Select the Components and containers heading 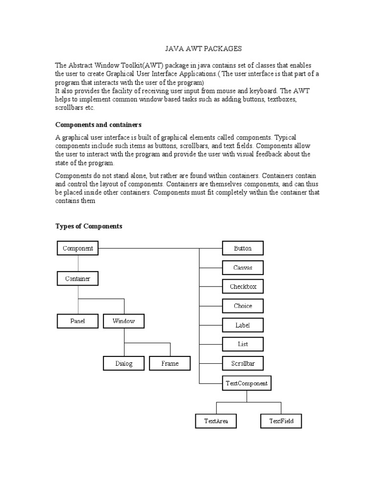(98, 125)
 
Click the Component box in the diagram (78, 249)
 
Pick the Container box (78, 279)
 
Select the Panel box (78, 321)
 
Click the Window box (124, 321)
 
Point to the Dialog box (124, 364)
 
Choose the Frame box (170, 364)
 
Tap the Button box (243, 249)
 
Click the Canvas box (243, 268)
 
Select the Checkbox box (243, 287)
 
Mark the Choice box (243, 306)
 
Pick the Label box (243, 325)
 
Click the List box (243, 344)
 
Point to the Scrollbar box (243, 364)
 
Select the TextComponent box (247, 383)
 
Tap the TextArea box (216, 421)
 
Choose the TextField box (281, 421)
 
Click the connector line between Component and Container (78, 264)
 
